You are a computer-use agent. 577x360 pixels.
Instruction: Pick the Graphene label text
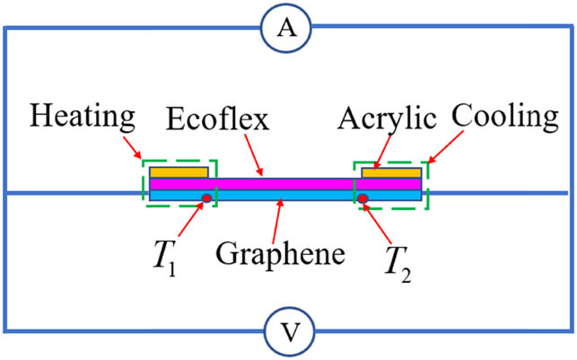click(x=281, y=253)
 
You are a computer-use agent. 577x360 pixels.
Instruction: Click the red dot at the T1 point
click(x=207, y=198)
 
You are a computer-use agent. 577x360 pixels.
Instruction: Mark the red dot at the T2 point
click(x=363, y=198)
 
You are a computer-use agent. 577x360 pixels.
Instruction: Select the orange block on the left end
click(x=179, y=171)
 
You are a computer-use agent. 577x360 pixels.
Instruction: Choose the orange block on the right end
click(x=391, y=171)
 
